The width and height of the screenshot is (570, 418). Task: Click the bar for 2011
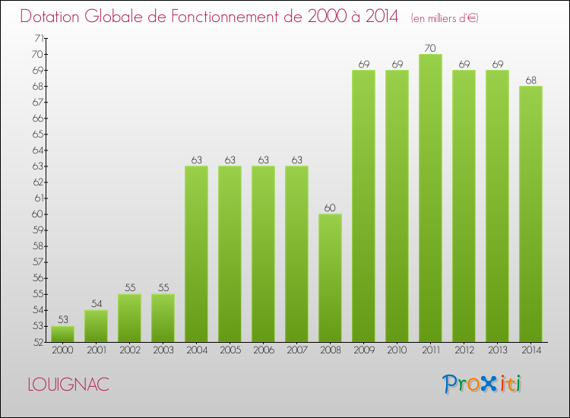tap(430, 198)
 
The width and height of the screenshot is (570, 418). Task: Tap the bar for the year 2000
tap(62, 334)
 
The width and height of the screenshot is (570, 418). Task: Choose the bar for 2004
tap(196, 254)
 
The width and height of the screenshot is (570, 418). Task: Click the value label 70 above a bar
tap(430, 48)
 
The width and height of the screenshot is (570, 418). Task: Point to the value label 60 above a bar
tap(330, 207)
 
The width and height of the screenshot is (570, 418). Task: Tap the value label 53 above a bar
tap(62, 319)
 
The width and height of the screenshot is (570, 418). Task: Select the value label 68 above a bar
tap(530, 80)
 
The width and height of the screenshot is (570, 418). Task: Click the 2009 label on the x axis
tap(363, 350)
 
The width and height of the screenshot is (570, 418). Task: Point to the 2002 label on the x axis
tap(129, 350)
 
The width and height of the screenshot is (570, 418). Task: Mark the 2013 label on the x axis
tap(497, 350)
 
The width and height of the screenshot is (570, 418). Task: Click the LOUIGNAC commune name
tap(68, 385)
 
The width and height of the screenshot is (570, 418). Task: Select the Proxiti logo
tap(483, 384)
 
